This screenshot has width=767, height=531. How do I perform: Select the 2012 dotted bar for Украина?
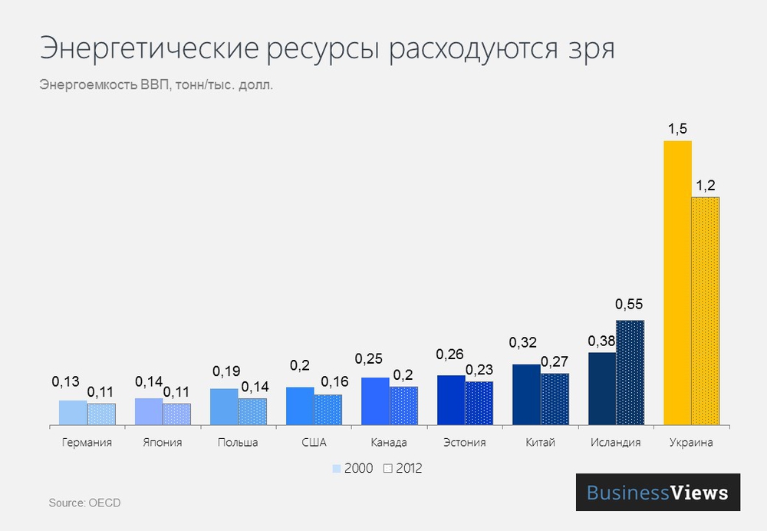(706, 310)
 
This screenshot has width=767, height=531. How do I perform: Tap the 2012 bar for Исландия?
(630, 371)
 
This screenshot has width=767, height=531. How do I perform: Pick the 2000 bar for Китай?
(526, 394)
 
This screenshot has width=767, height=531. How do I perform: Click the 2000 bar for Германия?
(73, 412)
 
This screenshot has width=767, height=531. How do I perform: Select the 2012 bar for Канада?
(403, 405)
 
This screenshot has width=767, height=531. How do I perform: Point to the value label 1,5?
(677, 128)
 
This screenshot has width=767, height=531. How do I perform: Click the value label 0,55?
(630, 305)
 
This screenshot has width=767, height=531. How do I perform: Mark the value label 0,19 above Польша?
(224, 371)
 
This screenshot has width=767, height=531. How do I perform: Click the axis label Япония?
(163, 443)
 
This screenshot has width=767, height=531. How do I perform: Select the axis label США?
(314, 443)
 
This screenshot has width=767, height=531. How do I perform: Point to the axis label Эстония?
(465, 443)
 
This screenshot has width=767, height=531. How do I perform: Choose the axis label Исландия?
(616, 443)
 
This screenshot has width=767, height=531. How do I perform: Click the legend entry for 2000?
(353, 468)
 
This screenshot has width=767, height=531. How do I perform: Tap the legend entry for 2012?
(403, 468)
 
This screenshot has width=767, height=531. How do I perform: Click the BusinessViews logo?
(657, 493)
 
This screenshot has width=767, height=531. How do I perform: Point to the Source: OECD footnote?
(84, 503)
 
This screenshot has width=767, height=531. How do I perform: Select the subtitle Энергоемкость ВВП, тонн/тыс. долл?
(156, 84)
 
